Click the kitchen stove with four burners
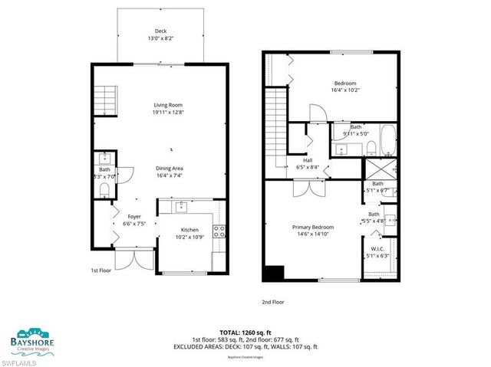click(219, 231)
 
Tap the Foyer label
click(134, 217)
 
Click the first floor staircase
click(104, 100)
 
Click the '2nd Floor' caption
click(273, 302)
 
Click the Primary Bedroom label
click(312, 227)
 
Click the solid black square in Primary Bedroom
click(273, 273)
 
